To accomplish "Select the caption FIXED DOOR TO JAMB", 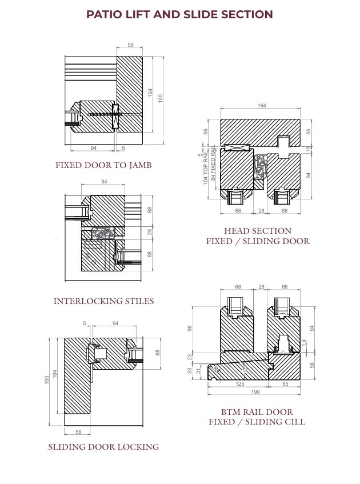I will coord(103,165).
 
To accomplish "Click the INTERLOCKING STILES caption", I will coord(103,301).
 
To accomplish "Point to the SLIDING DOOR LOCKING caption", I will coord(103,446).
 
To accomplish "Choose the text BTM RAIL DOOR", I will coord(257,411).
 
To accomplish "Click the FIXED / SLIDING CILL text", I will coord(257,422).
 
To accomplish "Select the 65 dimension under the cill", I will coord(285,384).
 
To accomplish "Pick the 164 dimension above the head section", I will coord(261,106).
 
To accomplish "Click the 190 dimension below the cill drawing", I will coord(255,392).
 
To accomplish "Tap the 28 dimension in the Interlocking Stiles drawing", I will coord(150,231).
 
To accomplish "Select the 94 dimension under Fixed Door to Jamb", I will coord(93,148).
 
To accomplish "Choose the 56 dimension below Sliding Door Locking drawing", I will coord(78,432).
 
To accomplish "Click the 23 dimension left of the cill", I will coord(190,357).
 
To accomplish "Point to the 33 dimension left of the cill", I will coord(190,370).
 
